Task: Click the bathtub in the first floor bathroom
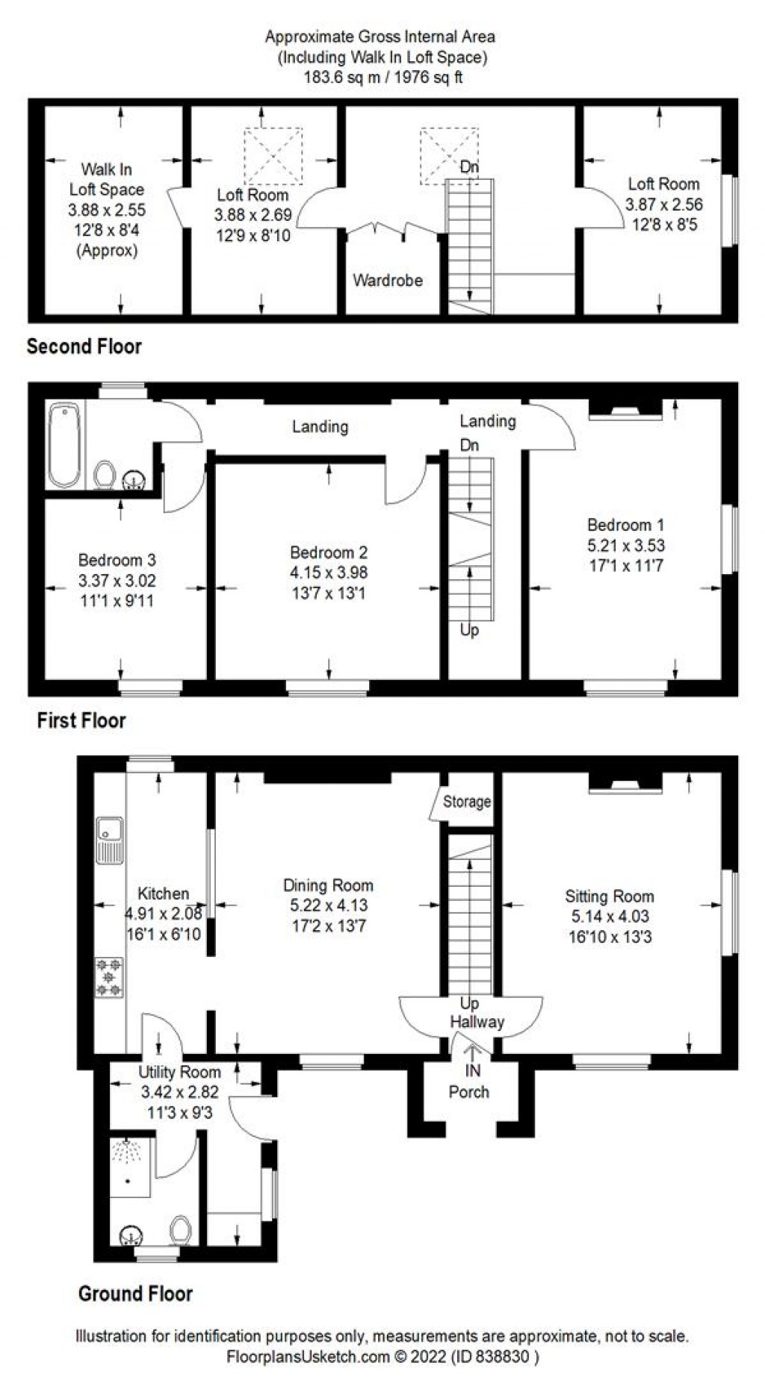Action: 65,446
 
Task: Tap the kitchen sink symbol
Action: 110,840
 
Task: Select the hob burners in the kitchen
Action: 110,977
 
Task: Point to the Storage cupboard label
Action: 467,802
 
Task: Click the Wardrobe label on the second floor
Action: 388,281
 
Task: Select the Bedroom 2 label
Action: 329,552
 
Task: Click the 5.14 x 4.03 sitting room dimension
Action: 610,916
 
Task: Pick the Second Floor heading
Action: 84,346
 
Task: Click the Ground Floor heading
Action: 135,1294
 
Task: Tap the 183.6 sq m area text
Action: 383,76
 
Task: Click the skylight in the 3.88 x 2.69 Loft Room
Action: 273,156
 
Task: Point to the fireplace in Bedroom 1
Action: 625,411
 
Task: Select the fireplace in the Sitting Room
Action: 625,784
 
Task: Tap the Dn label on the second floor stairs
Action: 469,167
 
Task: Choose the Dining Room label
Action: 328,885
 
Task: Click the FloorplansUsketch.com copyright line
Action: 382,1356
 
